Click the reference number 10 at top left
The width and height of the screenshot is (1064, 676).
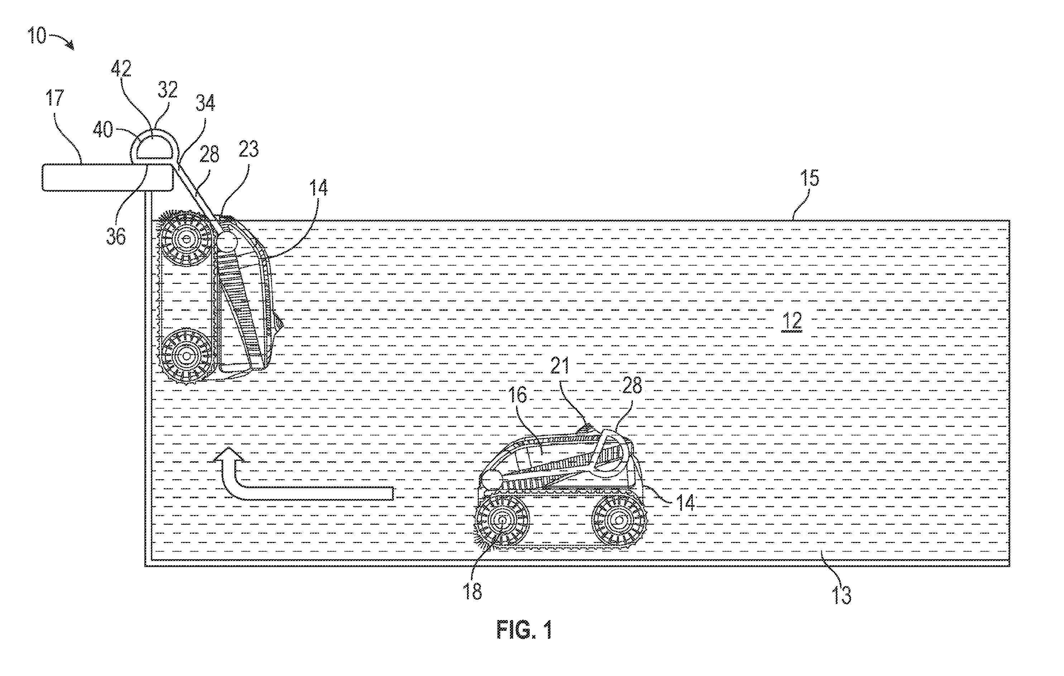coord(37,36)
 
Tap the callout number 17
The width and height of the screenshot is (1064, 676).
coord(55,98)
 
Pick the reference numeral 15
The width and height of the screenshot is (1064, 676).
coord(810,178)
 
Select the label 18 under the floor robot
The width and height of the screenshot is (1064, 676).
coord(472,591)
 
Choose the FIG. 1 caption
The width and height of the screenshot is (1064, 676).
coord(525,630)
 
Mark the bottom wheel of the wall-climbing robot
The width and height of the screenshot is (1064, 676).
coord(186,356)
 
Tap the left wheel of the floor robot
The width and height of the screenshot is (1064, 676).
coord(502,522)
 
